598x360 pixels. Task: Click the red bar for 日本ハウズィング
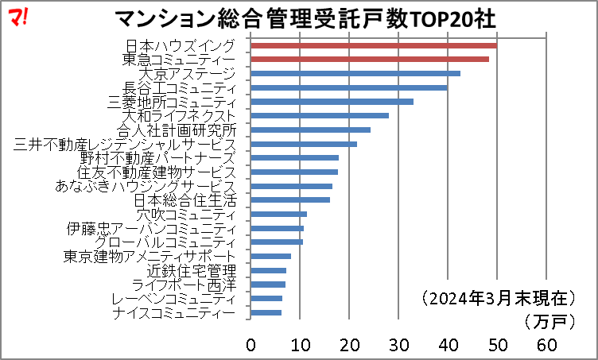(374, 45)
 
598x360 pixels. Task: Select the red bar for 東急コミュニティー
(370, 60)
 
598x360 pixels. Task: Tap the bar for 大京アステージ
(355, 74)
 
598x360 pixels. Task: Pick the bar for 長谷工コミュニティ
(349, 87)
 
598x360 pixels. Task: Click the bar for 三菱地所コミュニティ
(332, 102)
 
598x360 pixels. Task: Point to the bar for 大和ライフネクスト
(320, 116)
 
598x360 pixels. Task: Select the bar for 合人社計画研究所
(310, 130)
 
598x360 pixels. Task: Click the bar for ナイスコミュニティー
(266, 312)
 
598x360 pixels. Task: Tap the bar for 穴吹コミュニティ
(278, 214)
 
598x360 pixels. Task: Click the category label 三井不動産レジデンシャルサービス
(125, 145)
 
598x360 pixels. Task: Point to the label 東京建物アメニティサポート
(149, 257)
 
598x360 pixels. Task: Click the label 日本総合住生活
(184, 200)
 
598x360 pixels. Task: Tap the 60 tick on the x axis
(546, 344)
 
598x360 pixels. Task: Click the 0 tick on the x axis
(250, 344)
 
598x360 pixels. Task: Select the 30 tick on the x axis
(398, 344)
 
